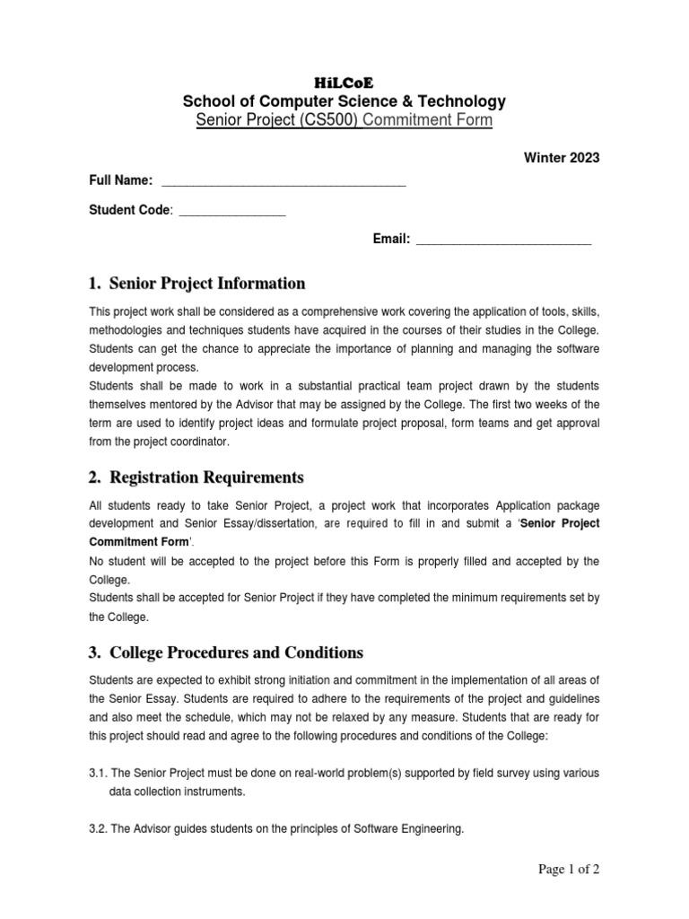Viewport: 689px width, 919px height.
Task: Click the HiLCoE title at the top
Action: (x=344, y=82)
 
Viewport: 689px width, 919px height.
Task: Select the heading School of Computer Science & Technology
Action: (x=344, y=101)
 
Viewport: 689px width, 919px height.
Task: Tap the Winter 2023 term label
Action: (x=561, y=157)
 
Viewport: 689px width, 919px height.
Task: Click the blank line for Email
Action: (x=504, y=240)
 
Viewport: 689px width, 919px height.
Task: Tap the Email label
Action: (x=392, y=239)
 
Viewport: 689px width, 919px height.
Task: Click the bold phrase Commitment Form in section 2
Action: (x=139, y=542)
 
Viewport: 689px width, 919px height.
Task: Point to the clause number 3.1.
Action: (x=99, y=773)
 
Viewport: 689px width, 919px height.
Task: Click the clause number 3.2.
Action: (x=99, y=829)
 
